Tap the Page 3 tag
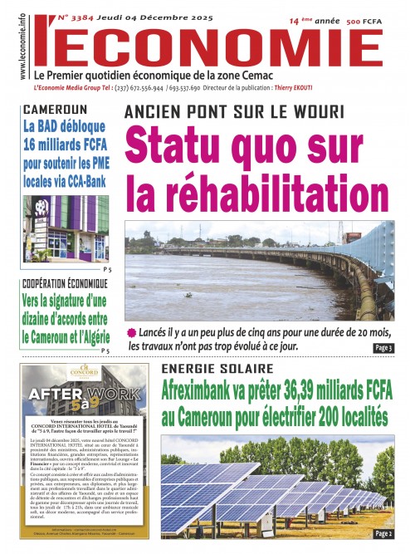(x=383, y=348)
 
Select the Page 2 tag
(x=383, y=533)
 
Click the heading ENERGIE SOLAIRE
(x=217, y=368)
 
